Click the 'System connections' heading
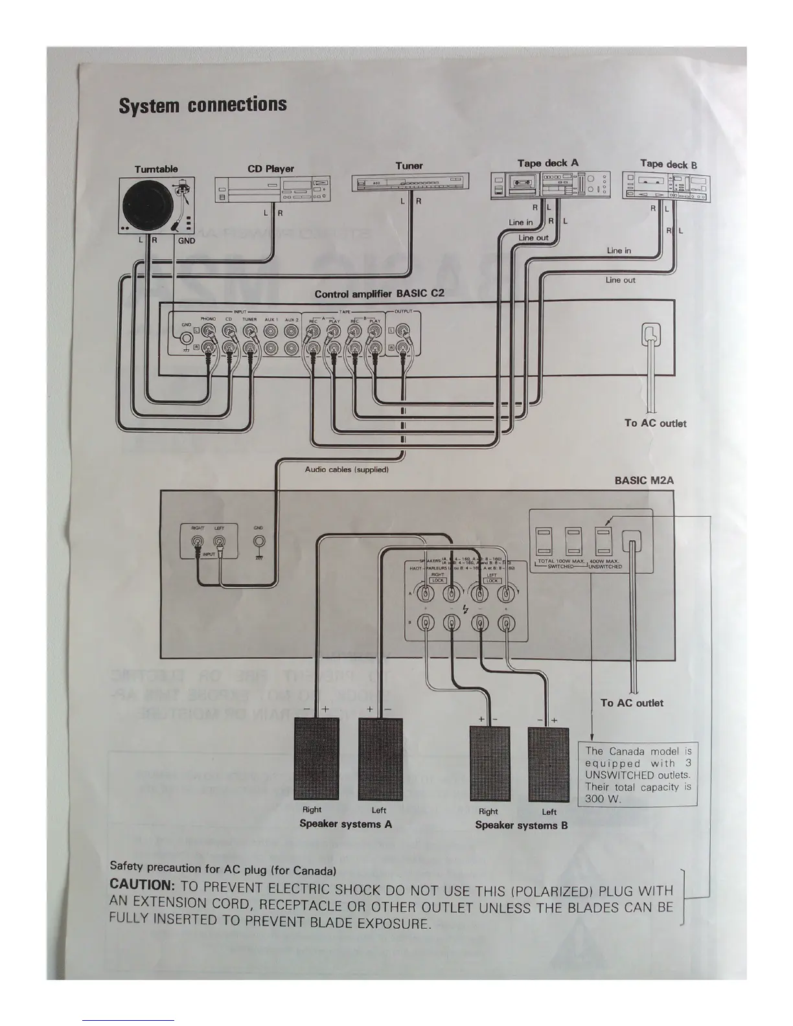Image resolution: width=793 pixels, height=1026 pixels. [x=202, y=105]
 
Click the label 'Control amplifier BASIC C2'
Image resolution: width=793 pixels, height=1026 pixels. [x=379, y=294]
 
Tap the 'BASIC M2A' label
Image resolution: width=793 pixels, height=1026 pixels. [x=644, y=481]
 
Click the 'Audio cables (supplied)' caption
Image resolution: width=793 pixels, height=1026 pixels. [x=346, y=470]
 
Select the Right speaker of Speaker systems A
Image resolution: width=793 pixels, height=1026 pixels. [x=316, y=758]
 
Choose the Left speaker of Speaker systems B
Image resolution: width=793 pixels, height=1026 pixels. [x=548, y=765]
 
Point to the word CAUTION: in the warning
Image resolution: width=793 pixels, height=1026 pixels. [x=142, y=884]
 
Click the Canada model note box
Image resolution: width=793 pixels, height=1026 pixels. [x=638, y=774]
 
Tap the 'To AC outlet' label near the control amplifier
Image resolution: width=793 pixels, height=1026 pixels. [x=655, y=423]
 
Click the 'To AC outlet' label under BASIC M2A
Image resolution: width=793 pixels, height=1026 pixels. [x=632, y=703]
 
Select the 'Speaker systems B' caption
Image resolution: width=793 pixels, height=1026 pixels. [x=521, y=825]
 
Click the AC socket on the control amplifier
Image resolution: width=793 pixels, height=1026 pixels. [x=650, y=334]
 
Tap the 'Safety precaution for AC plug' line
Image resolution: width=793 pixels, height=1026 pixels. [x=222, y=868]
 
